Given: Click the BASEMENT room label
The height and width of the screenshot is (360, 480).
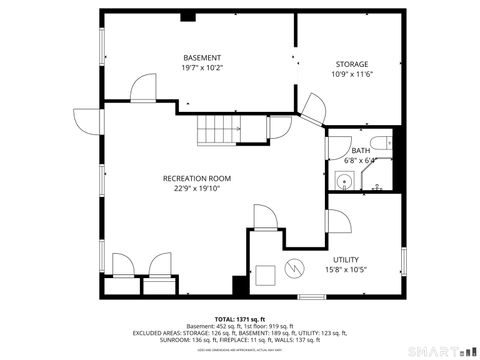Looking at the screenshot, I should (x=202, y=57).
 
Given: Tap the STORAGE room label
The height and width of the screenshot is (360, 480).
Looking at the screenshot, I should (x=350, y=63).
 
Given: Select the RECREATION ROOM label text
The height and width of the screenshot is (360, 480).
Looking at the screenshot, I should (x=197, y=178).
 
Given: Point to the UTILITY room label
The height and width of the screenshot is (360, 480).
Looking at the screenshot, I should (x=346, y=259).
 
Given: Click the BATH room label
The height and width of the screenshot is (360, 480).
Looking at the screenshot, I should (x=360, y=150).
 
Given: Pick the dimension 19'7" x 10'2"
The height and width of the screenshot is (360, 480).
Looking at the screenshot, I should (x=202, y=68).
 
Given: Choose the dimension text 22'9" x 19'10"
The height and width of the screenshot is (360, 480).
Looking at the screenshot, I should (x=197, y=189).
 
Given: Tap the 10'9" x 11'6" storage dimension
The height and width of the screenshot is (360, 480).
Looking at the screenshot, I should (x=350, y=74).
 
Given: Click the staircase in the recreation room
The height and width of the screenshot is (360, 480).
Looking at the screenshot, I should (x=220, y=129).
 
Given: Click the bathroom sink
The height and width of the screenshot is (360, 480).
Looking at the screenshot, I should (x=344, y=181).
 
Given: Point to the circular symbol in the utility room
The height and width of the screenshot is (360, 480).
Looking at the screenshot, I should (x=294, y=268).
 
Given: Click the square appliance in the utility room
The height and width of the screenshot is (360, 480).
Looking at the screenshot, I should (x=265, y=273).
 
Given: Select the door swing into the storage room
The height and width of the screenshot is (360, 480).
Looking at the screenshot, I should (x=313, y=106).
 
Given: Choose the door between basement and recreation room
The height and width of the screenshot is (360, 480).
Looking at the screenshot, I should (x=144, y=88).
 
